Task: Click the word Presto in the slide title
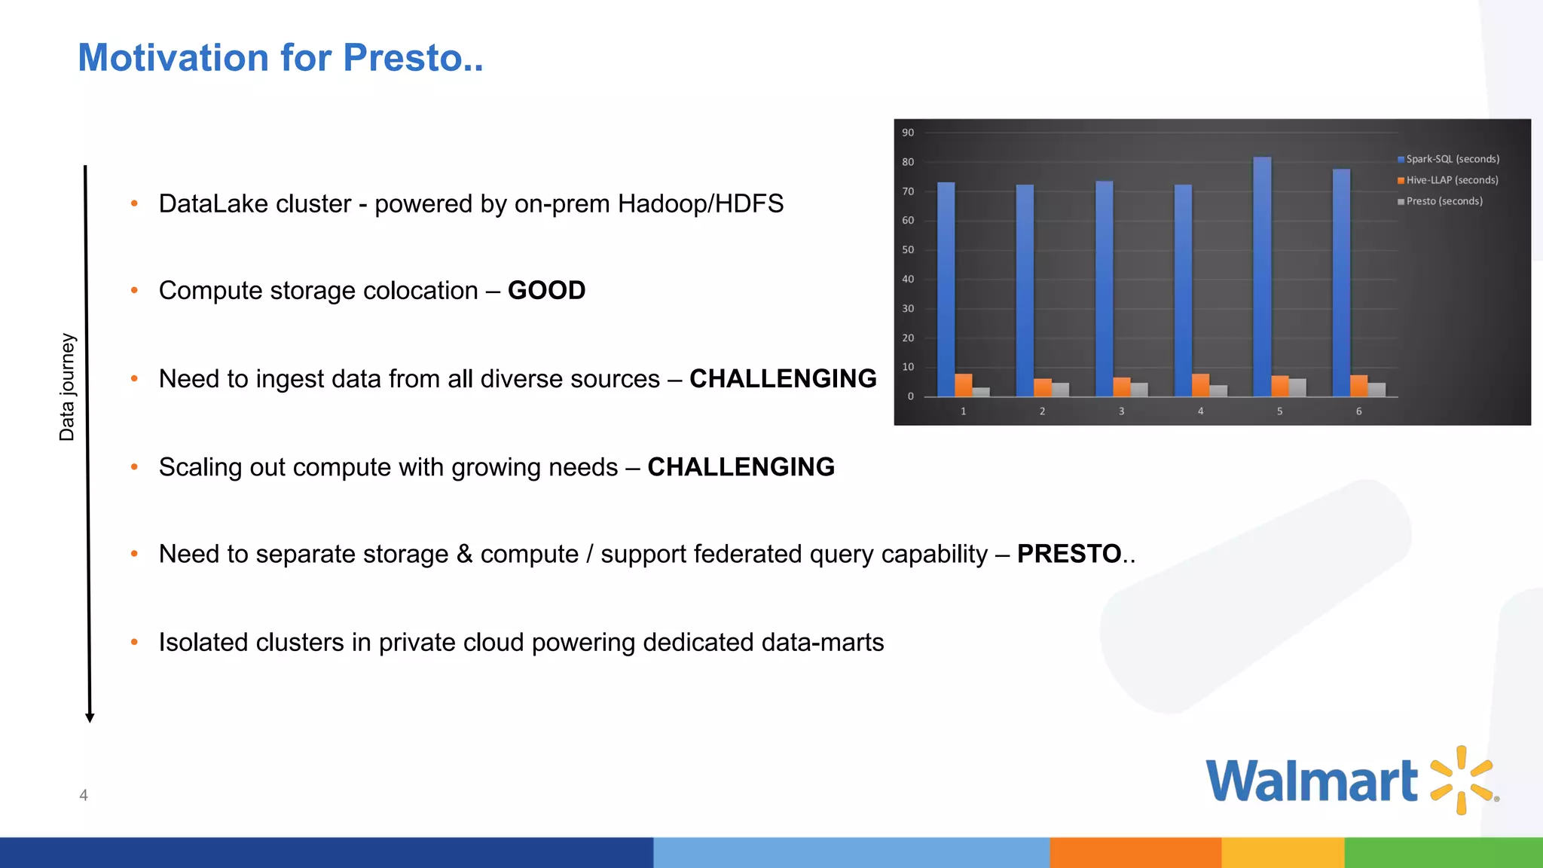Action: (412, 58)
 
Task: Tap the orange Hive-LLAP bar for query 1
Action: (963, 385)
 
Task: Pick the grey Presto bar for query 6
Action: (1376, 390)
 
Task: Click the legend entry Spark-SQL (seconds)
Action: (1452, 159)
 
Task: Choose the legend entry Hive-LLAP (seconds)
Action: (1451, 180)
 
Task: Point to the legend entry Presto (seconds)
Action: (1444, 201)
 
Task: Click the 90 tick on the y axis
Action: (908, 133)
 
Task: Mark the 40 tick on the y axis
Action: (908, 280)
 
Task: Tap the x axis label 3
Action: (1121, 411)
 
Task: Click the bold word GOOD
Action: (546, 291)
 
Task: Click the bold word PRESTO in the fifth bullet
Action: (1069, 554)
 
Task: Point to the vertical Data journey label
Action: (67, 387)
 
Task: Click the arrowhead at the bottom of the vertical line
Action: (90, 717)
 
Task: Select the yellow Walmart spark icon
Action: (1462, 780)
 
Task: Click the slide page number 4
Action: (84, 795)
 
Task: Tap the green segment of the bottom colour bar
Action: (1443, 852)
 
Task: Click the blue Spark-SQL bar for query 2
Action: (1025, 290)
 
